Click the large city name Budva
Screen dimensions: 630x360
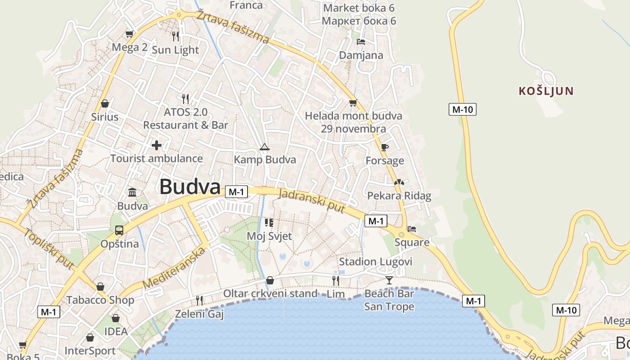coord(190,187)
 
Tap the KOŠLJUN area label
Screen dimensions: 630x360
coord(546,91)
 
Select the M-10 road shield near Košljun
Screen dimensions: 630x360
coord(462,109)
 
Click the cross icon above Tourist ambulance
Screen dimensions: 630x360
coord(156,145)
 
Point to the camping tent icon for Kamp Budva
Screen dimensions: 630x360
coord(264,147)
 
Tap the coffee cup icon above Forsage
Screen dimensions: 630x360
coord(384,147)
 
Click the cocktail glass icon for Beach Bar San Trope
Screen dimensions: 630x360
coord(389,280)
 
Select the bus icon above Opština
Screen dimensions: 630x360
coord(119,230)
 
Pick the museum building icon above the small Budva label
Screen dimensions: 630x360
coord(132,193)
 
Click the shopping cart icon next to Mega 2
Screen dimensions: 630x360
coord(129,34)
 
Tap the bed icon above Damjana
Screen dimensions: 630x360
coord(360,42)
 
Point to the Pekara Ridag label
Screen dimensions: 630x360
coord(399,196)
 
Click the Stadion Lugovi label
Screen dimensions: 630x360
coord(375,261)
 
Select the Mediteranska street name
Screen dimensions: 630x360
coord(174,268)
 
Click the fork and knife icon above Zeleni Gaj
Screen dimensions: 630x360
coord(199,300)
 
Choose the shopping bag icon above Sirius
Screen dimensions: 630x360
coord(105,103)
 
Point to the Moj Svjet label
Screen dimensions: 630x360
coord(269,236)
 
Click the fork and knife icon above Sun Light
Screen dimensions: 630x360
coord(175,36)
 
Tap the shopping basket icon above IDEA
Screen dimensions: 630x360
coord(116,318)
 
